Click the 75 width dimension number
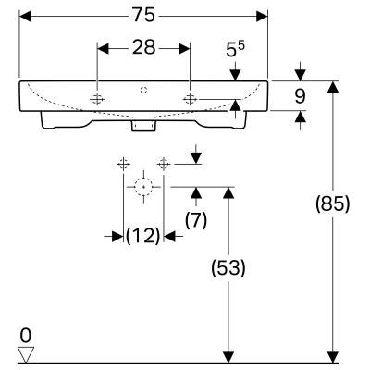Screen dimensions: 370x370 [144, 15]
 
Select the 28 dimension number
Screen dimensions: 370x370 [143, 47]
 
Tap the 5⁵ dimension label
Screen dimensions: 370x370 [235, 50]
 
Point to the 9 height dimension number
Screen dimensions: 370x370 [300, 96]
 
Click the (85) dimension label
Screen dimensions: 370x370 [333, 203]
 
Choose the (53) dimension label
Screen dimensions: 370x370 [228, 267]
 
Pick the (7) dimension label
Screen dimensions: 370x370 [196, 220]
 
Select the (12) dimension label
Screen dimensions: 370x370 [143, 236]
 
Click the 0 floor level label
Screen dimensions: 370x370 [26, 336]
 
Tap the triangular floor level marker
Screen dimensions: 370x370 [26, 354]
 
